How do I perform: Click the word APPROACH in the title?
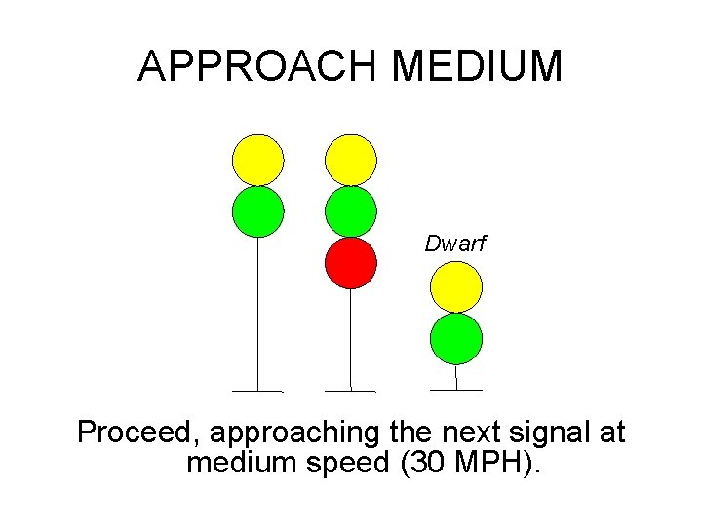(x=259, y=66)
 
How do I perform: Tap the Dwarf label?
(x=454, y=244)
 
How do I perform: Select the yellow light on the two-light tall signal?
(x=258, y=160)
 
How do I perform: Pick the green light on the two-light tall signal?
(x=258, y=211)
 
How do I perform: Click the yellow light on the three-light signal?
(x=351, y=160)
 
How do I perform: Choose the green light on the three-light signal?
(x=351, y=211)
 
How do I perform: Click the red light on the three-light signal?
(x=351, y=263)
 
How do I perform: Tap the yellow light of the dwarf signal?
(x=456, y=287)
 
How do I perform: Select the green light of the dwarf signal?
(x=456, y=338)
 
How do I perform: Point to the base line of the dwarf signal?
(x=456, y=390)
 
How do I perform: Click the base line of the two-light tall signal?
(x=257, y=391)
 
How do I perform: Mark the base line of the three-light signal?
(x=350, y=391)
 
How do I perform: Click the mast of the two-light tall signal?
(x=257, y=312)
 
